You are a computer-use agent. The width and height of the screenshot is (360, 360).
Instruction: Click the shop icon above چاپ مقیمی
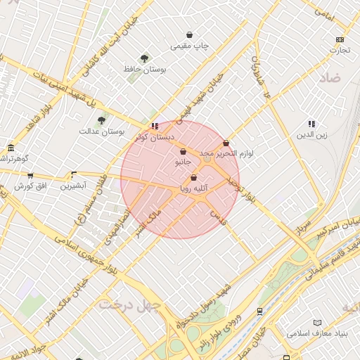point(189,34)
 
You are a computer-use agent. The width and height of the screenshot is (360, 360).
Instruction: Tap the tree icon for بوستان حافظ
point(144,58)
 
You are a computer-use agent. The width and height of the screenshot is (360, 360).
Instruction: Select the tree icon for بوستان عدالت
point(102,120)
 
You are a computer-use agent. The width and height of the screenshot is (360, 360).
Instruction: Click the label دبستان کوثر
point(155,137)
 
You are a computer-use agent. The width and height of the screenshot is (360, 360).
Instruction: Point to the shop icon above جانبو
point(183,151)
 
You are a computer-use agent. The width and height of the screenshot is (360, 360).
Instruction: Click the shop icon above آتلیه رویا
point(193,178)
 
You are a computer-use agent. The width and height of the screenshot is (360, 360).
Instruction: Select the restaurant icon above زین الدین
point(311,124)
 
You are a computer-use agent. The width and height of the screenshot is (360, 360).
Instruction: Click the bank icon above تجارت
point(340,39)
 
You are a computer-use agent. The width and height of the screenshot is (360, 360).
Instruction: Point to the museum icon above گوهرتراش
point(11,148)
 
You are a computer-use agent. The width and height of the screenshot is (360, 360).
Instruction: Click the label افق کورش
point(30,186)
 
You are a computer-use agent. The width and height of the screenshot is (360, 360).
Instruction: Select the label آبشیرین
point(72,186)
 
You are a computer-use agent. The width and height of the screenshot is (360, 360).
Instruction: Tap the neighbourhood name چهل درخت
point(130,304)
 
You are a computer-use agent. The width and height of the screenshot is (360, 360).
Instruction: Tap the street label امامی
point(324,13)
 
